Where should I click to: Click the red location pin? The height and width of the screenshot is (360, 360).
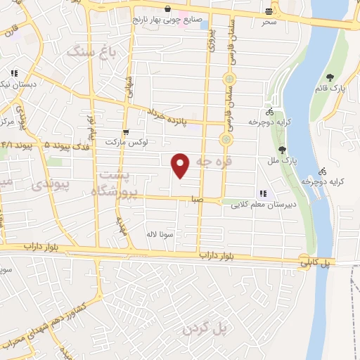(x=181, y=165)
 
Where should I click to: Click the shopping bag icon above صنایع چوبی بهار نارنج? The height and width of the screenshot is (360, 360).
(x=168, y=9)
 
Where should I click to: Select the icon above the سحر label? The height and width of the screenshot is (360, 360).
(x=269, y=11)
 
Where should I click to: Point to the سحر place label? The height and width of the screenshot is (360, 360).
(x=269, y=22)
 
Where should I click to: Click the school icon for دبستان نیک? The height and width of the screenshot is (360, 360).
(x=14, y=73)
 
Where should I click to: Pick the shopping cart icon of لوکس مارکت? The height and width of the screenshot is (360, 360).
(x=125, y=131)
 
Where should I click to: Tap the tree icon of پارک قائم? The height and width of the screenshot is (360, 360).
(x=330, y=77)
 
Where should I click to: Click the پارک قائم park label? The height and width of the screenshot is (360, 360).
(x=338, y=89)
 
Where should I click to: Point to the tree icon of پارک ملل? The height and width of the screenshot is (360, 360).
(x=282, y=149)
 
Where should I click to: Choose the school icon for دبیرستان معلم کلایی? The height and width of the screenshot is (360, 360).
(x=263, y=193)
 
